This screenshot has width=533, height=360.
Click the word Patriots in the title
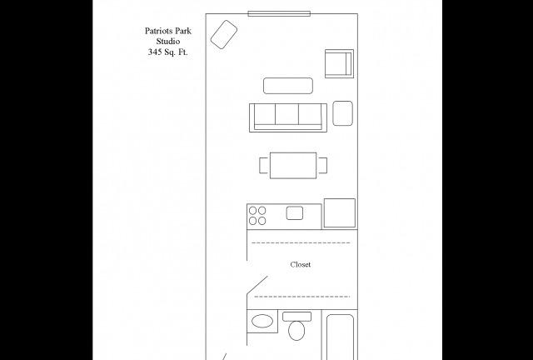coord(157,31)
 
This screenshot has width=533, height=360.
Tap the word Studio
coord(168,42)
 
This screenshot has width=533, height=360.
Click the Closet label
coord(301,264)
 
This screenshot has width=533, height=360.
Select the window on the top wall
coord(279,13)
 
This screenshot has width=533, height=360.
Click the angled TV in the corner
coord(224,34)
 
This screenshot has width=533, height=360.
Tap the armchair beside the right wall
coord(339,63)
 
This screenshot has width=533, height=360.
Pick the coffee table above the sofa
coord(288,86)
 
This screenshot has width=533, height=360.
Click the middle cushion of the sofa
coord(286,114)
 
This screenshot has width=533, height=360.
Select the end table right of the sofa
coord(342,113)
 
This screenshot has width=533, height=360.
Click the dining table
coord(293,165)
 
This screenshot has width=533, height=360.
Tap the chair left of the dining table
coord(265,165)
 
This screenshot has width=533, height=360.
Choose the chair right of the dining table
coord(322,165)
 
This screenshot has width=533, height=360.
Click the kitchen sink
coord(295,213)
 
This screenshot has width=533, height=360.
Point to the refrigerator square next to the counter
coord(340,213)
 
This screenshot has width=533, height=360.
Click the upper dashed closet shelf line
coord(301,243)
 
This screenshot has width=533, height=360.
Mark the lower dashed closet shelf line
coord(301,297)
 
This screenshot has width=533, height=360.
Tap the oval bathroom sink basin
coord(262,321)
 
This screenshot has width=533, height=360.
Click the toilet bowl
coord(296,330)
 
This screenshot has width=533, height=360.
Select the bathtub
coord(340,337)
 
